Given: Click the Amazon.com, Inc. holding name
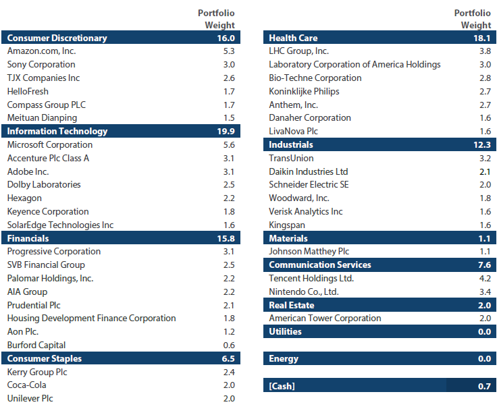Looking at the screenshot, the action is [41, 51].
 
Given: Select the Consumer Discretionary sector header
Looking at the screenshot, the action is [57, 38].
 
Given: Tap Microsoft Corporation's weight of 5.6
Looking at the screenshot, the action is [229, 145].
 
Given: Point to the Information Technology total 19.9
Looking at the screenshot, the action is [226, 131].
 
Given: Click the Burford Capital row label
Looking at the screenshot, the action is [36, 345].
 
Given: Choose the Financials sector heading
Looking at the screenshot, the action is [28, 238].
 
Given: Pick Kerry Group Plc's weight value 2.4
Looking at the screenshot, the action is [229, 372].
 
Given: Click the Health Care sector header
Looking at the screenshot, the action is [293, 38].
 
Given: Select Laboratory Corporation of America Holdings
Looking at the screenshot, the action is [355, 64].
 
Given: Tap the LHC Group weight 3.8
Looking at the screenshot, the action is [485, 51].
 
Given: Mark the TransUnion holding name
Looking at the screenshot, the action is [291, 158].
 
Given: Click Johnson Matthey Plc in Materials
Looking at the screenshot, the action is [309, 252].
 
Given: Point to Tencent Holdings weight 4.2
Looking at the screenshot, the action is [485, 279].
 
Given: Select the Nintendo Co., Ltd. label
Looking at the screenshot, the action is [304, 292].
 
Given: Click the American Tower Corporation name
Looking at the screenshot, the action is [325, 318].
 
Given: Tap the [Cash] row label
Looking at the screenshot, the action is [282, 386].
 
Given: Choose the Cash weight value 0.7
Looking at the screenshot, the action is [484, 386].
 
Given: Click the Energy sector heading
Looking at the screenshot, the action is [284, 358].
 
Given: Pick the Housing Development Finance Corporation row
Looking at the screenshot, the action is [92, 318].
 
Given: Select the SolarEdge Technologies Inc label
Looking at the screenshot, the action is [60, 225].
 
